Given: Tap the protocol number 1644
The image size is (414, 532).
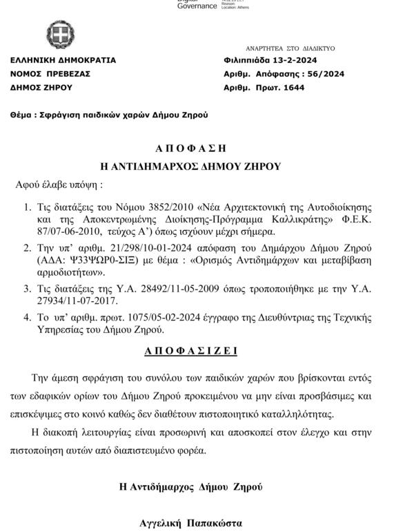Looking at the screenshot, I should [x=295, y=88].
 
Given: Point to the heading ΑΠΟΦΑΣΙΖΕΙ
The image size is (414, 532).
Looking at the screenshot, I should [x=191, y=351].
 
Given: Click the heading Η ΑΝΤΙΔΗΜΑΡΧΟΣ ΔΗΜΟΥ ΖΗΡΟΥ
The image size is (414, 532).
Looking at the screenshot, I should [x=190, y=166].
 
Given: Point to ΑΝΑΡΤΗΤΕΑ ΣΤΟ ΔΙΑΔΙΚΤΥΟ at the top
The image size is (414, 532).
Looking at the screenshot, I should [x=290, y=48].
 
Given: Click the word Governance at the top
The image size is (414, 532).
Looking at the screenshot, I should [x=197, y=6].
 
